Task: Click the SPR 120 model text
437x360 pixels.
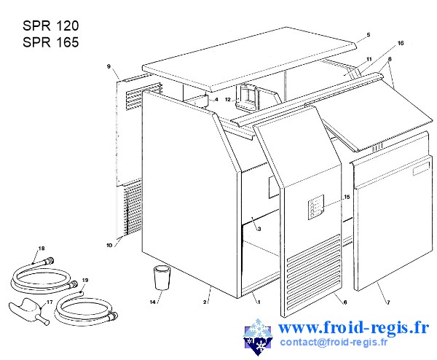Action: pos(51,26)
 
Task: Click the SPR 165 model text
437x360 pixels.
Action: pos(51,42)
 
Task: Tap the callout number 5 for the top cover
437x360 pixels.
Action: pos(369,35)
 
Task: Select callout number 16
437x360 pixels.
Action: pos(401,43)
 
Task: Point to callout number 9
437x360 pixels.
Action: pos(109,66)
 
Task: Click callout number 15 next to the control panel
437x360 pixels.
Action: pos(347,197)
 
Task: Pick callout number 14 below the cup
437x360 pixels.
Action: pos(152,302)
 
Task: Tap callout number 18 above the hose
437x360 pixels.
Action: pos(42,249)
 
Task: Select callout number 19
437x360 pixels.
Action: pos(85,281)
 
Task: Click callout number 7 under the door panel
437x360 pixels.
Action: pos(388,302)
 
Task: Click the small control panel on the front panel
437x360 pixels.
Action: pos(316,207)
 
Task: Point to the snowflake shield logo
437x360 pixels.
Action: pos(258,337)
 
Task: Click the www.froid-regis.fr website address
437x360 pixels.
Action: pos(353,327)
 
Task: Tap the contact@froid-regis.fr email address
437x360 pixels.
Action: pos(334,342)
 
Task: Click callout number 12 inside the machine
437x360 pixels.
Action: pos(228,100)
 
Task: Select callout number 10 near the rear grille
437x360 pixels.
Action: pos(109,245)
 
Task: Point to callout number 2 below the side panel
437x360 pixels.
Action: pos(205,302)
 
